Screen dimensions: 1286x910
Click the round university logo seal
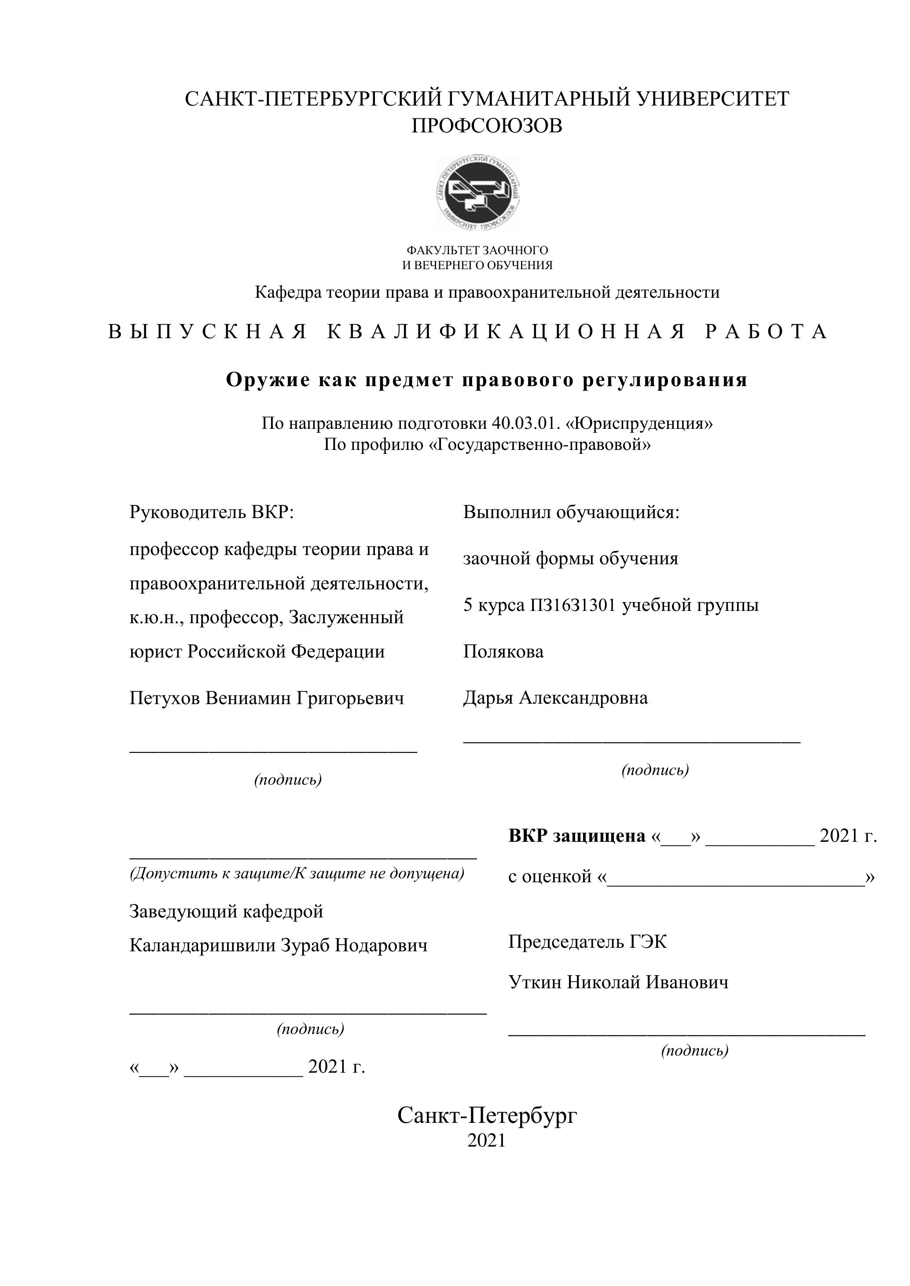click(x=478, y=193)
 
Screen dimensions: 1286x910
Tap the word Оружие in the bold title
click(x=267, y=380)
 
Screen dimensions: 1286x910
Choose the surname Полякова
click(x=503, y=652)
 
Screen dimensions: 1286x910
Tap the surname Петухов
click(x=165, y=698)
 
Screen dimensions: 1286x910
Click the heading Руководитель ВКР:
click(x=212, y=512)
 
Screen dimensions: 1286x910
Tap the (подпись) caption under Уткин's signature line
click(x=695, y=1051)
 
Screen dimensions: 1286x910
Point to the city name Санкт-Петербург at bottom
click(x=487, y=1116)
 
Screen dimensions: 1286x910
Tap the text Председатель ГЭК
click(x=588, y=942)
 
